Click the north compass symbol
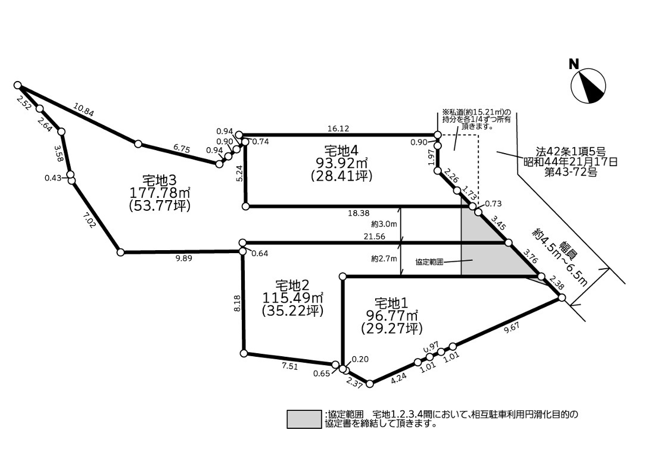pos(588,86)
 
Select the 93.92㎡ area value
pos(341,162)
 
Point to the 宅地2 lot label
pos(292,285)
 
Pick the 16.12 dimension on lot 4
pos(337,128)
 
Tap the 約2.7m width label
pos(384,259)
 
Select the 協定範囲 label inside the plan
pos(429,261)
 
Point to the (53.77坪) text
pos(159,205)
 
